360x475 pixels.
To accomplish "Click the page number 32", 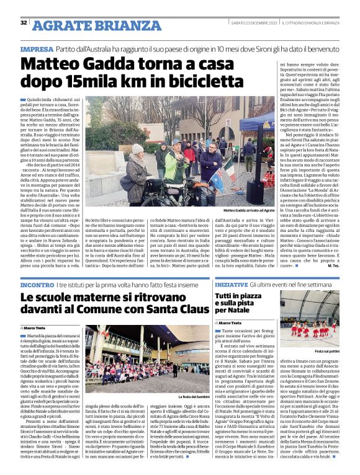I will tap(24, 23).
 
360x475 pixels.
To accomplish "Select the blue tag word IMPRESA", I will tap(36, 48).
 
